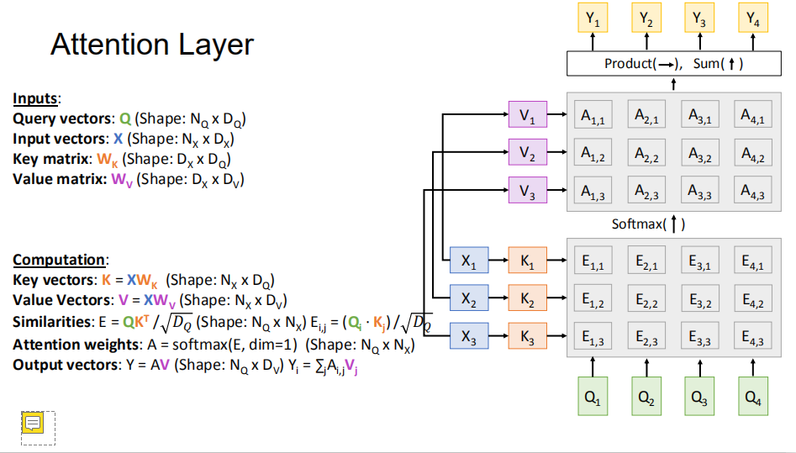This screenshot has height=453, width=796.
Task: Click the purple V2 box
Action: click(x=527, y=155)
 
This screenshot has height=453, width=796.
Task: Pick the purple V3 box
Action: click(x=527, y=192)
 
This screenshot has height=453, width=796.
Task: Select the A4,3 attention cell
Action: click(x=752, y=192)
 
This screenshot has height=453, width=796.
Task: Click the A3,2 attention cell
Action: click(x=699, y=155)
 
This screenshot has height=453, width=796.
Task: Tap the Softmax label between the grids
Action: click(x=648, y=224)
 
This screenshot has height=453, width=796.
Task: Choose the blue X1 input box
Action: click(x=469, y=261)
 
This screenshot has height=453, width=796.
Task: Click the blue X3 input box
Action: click(x=469, y=337)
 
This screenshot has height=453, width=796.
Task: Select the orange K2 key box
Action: click(x=527, y=299)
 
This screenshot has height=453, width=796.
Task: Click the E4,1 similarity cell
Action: click(x=752, y=261)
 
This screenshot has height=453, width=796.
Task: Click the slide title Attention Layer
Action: click(x=152, y=45)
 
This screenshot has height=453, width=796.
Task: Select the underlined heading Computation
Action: click(x=60, y=260)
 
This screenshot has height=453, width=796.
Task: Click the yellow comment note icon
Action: click(x=33, y=423)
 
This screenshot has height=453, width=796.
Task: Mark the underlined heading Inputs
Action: click(x=36, y=99)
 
